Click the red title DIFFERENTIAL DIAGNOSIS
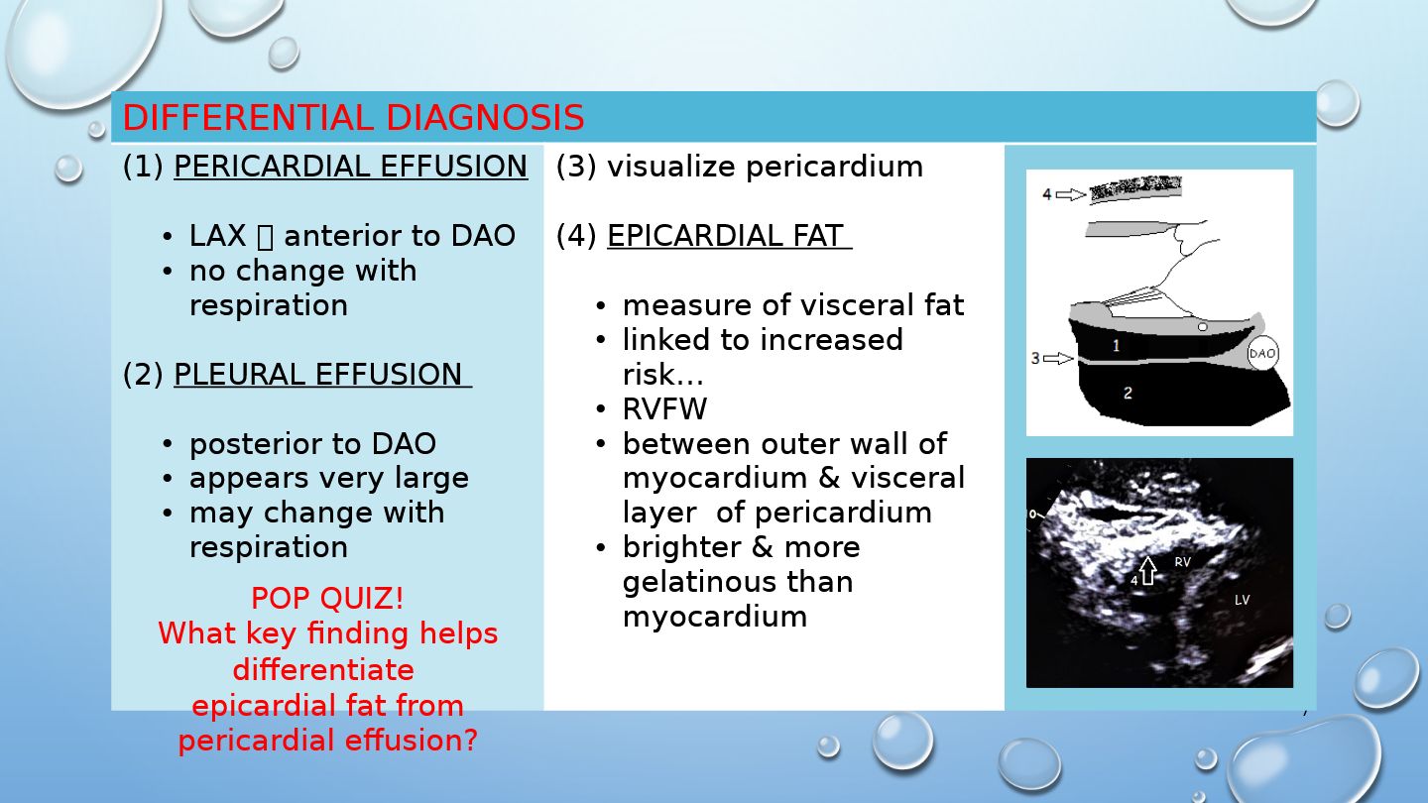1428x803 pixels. pyautogui.click(x=353, y=117)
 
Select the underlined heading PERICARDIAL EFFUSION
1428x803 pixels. pyautogui.click(x=351, y=167)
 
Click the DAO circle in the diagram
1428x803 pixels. pyautogui.click(x=1262, y=353)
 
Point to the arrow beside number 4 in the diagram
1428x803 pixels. pyautogui.click(x=1071, y=194)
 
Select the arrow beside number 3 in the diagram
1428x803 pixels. pyautogui.click(x=1058, y=358)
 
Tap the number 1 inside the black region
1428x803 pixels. pyautogui.click(x=1116, y=345)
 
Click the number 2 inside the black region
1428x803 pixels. pyautogui.click(x=1128, y=394)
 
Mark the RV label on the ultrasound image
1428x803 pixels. pyautogui.click(x=1182, y=561)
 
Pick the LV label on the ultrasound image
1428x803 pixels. pyautogui.click(x=1242, y=600)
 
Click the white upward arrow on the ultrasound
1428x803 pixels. pyautogui.click(x=1147, y=570)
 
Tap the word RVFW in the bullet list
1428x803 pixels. pyautogui.click(x=664, y=409)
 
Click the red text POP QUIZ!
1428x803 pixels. pyautogui.click(x=327, y=599)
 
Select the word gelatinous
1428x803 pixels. pyautogui.click(x=738, y=582)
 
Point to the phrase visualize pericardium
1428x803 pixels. pyautogui.click(x=765, y=167)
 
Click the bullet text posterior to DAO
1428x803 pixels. pyautogui.click(x=312, y=443)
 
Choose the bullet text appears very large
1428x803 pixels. pyautogui.click(x=329, y=478)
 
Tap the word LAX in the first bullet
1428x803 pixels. pyautogui.click(x=217, y=236)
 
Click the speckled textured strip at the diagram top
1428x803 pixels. pyautogui.click(x=1135, y=189)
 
